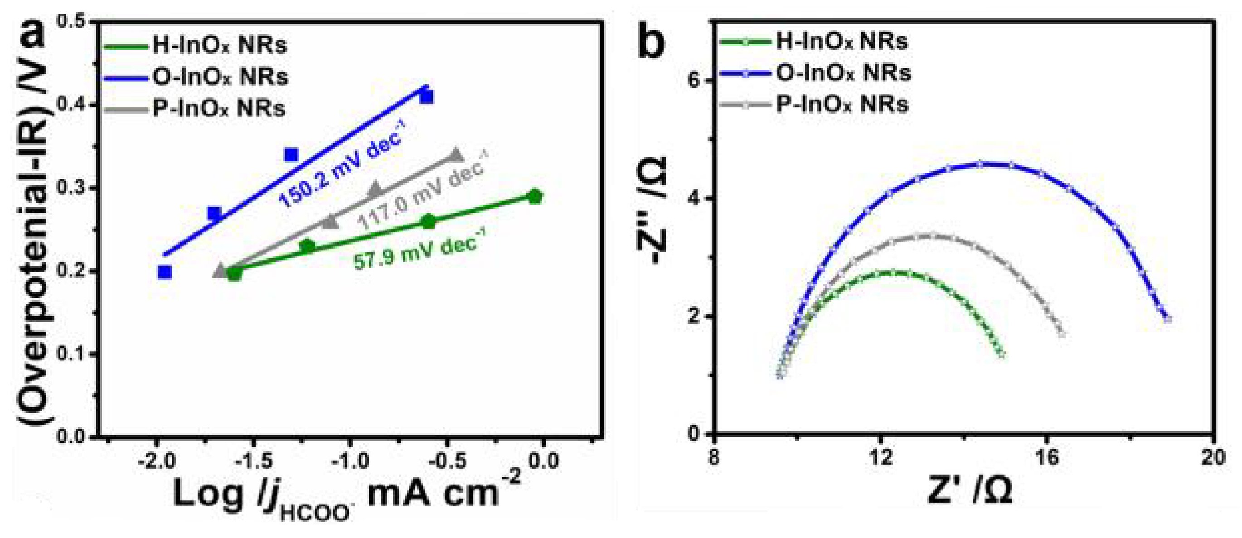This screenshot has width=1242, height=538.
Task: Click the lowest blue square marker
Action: point(165,272)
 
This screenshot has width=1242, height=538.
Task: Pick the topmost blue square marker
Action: point(426,97)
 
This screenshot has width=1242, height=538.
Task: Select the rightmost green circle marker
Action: point(535,196)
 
